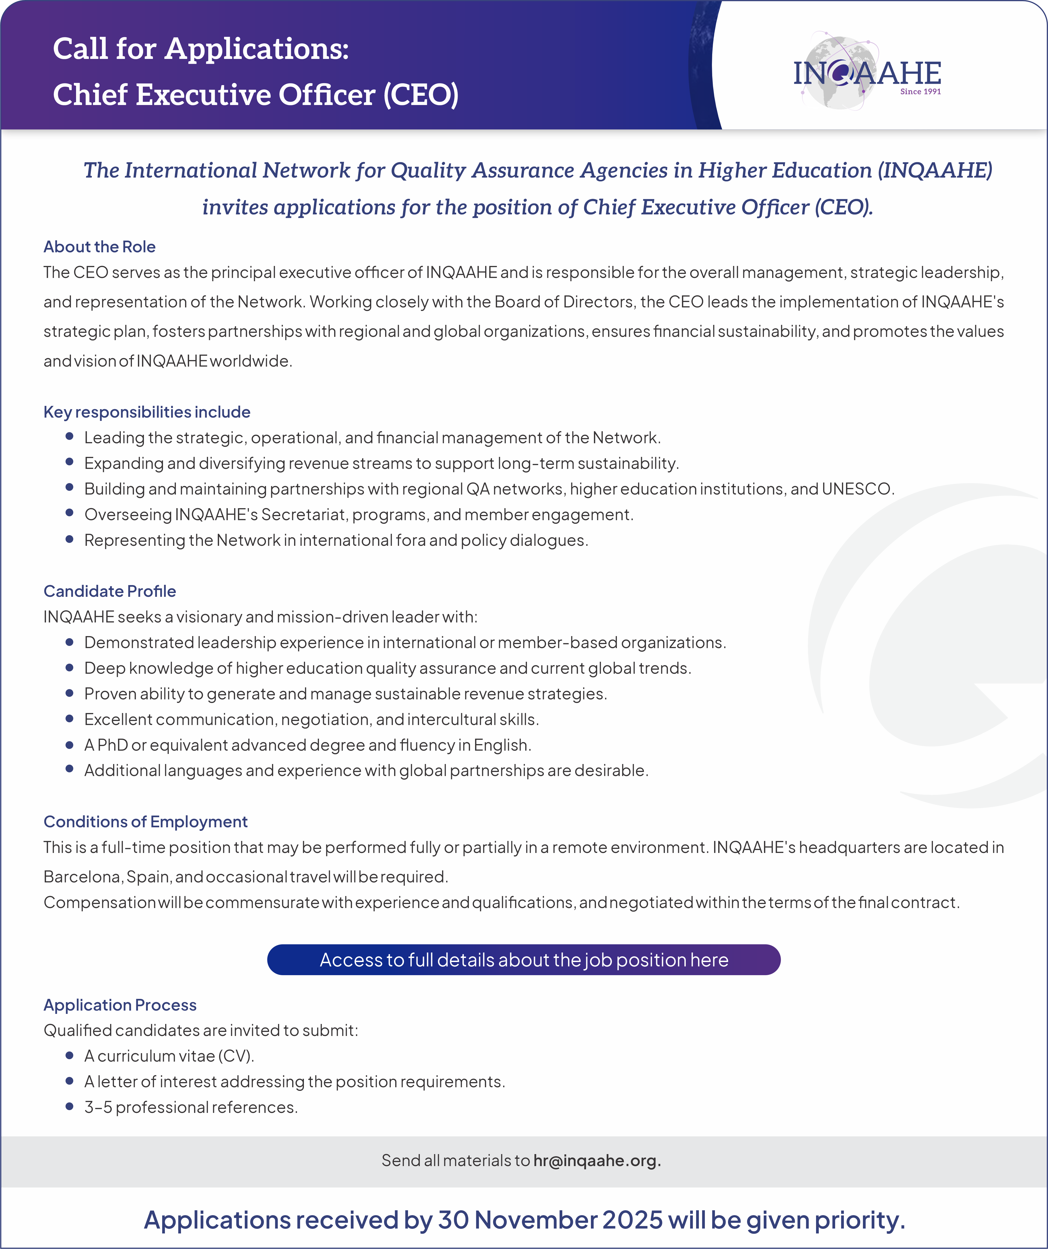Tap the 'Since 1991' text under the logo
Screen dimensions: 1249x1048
pyautogui.click(x=920, y=92)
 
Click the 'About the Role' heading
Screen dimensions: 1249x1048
pyautogui.click(x=99, y=247)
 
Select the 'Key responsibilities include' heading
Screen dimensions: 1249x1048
pyautogui.click(x=147, y=412)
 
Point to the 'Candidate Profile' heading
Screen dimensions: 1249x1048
pyautogui.click(x=109, y=591)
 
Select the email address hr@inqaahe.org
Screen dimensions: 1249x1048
pyautogui.click(x=597, y=1160)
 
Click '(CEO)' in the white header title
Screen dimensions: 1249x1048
pyautogui.click(x=421, y=95)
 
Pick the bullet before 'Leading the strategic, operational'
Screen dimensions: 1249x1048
pyautogui.click(x=70, y=436)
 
